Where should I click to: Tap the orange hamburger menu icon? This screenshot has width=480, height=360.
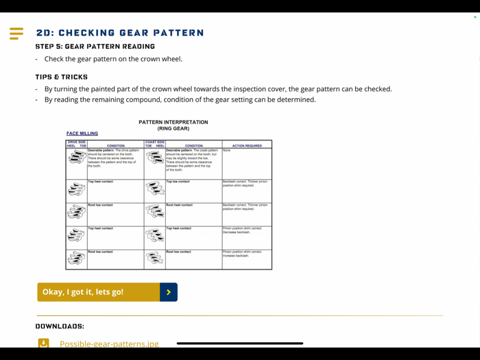[x=16, y=33]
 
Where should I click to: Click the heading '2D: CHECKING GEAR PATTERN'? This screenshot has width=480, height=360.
[x=120, y=33]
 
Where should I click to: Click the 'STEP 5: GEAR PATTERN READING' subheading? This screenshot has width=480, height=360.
[x=95, y=47]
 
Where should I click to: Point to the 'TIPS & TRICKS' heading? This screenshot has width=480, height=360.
[x=62, y=77]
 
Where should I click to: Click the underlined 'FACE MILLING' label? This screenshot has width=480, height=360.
[x=82, y=134]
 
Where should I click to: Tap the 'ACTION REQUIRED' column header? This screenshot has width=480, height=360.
[x=246, y=145]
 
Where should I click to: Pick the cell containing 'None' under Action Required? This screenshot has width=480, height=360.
[x=246, y=163]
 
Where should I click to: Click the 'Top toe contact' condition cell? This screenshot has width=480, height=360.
[x=193, y=191]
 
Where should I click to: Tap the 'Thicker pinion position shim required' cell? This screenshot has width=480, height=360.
[x=246, y=184]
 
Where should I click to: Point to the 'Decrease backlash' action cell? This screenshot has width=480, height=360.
[x=246, y=231]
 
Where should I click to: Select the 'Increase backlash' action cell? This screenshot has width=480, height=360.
[x=246, y=254]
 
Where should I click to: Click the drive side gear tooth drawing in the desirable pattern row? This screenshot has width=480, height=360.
[x=76, y=158]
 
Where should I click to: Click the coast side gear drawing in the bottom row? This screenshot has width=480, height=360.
[x=154, y=259]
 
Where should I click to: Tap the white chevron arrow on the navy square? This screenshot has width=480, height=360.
[x=169, y=292]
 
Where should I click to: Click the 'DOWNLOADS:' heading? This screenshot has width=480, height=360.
[x=60, y=326]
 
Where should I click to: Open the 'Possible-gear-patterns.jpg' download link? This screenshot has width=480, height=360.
[x=109, y=344]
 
